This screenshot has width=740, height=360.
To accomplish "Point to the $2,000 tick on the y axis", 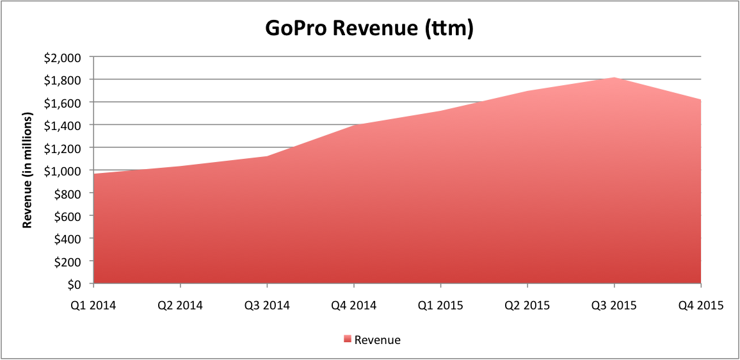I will click(x=64, y=57).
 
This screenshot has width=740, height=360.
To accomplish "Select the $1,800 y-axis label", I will click(x=64, y=79).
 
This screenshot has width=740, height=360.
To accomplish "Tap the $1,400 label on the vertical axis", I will click(x=64, y=125).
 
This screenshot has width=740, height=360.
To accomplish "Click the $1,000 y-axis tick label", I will click(x=64, y=170).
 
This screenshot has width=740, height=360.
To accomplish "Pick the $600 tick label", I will click(x=68, y=216).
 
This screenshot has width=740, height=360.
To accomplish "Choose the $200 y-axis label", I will click(x=68, y=261).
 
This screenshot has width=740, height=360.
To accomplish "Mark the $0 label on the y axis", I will click(x=75, y=284).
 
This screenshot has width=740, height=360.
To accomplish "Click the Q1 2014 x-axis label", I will click(x=93, y=305).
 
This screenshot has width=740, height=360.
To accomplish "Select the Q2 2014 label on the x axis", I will click(x=181, y=305).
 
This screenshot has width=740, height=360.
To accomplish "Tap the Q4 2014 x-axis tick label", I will click(x=354, y=305).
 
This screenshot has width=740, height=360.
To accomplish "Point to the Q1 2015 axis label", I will click(x=441, y=305).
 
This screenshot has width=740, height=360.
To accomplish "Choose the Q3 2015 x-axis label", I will click(x=615, y=305).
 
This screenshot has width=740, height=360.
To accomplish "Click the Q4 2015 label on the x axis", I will click(x=701, y=305).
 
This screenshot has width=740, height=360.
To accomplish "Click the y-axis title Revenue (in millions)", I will click(x=28, y=170).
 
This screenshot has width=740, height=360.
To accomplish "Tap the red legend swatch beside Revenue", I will click(x=348, y=340).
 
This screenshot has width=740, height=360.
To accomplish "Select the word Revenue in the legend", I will click(x=378, y=340).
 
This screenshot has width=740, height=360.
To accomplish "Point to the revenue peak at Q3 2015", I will click(x=615, y=78).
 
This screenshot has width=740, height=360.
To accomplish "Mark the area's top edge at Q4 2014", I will click(x=354, y=125).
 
